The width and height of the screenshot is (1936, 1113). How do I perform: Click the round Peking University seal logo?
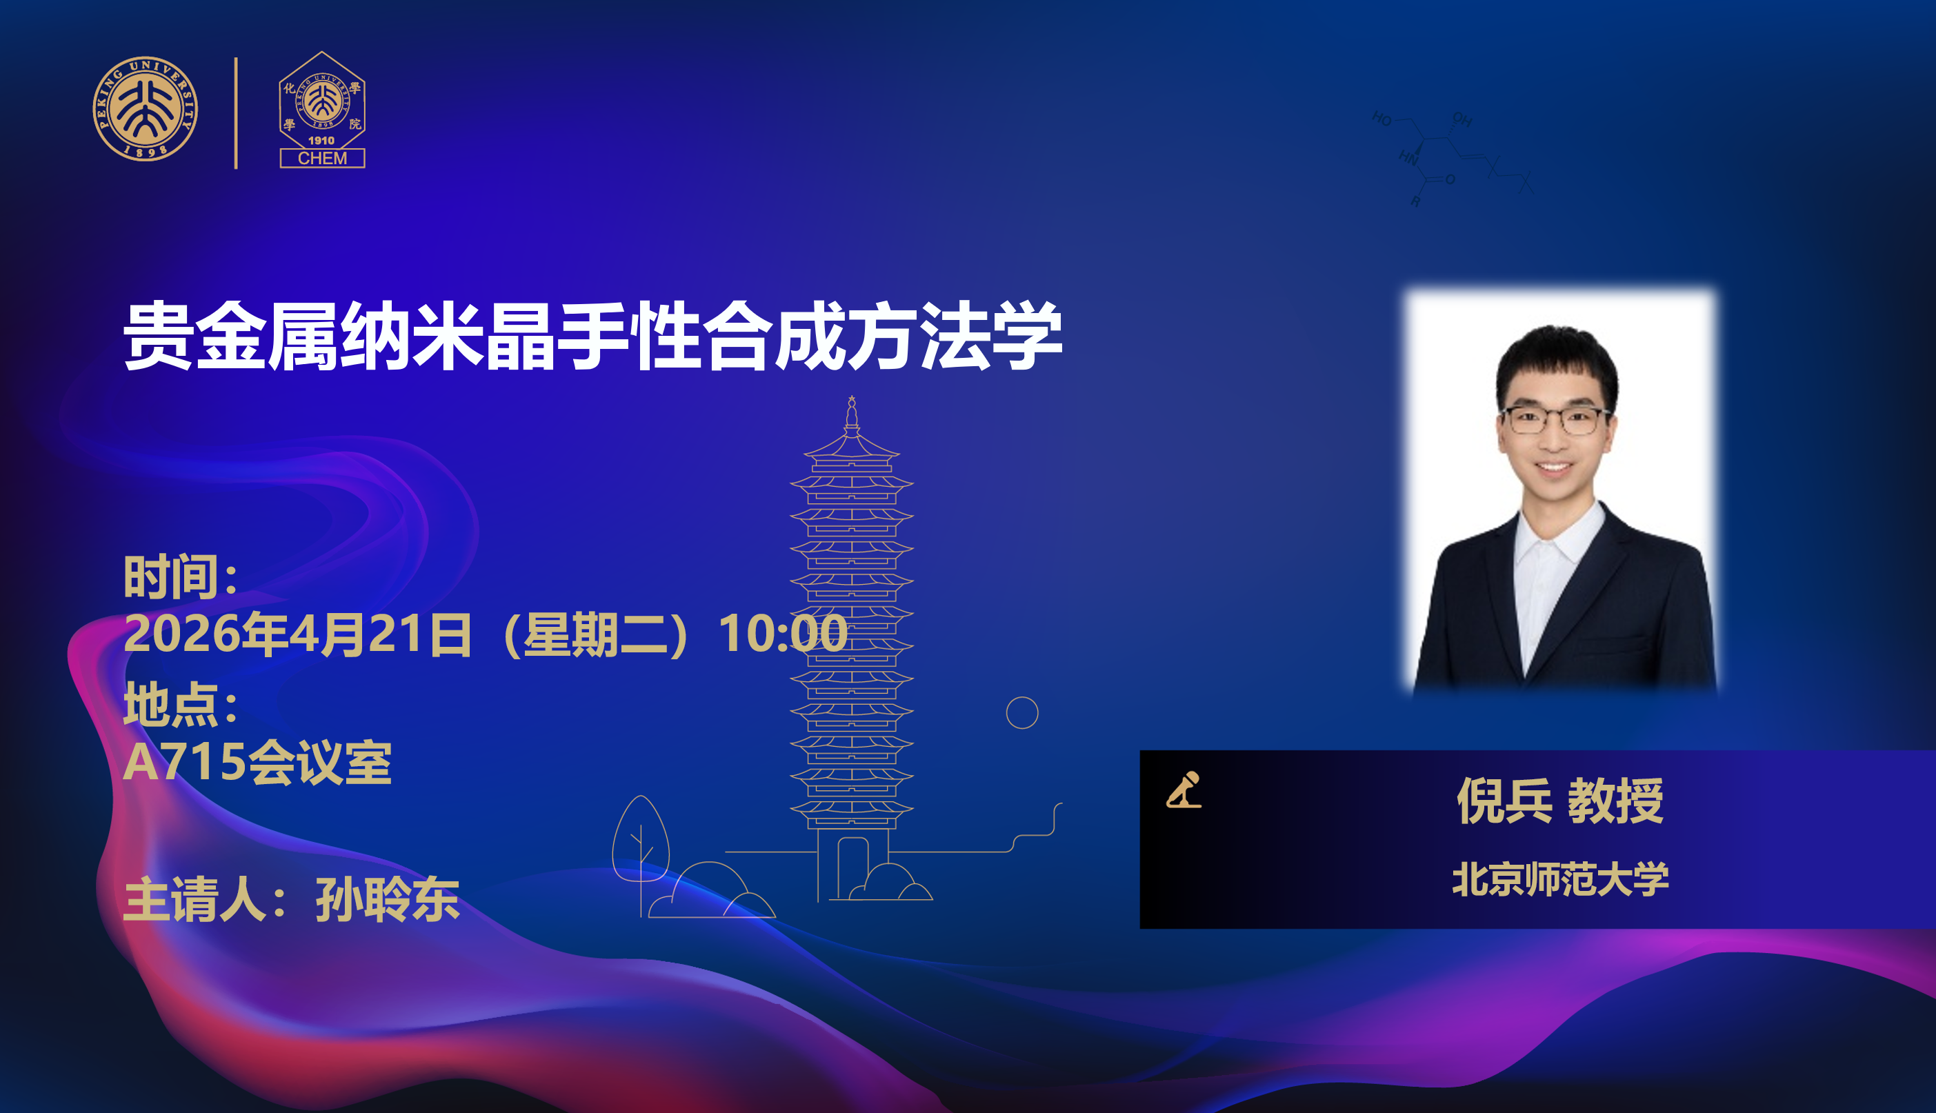146,108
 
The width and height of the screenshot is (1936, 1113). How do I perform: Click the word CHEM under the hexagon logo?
322,158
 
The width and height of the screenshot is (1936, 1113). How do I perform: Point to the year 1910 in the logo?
321,141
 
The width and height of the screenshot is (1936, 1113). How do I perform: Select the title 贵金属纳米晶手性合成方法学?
593,337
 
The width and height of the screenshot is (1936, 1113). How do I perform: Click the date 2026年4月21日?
298,634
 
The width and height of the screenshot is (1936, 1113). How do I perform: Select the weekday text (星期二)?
596,634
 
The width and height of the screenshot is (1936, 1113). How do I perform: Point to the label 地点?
181,704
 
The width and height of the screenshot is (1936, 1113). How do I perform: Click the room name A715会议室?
257,762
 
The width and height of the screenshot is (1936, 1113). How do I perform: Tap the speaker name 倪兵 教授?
1560,801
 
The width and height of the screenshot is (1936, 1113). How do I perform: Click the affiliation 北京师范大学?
1560,879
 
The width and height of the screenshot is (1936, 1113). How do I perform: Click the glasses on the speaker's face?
1555,421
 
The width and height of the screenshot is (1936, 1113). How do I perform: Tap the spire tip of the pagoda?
852,397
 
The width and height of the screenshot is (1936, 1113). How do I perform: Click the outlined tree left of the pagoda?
641,848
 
